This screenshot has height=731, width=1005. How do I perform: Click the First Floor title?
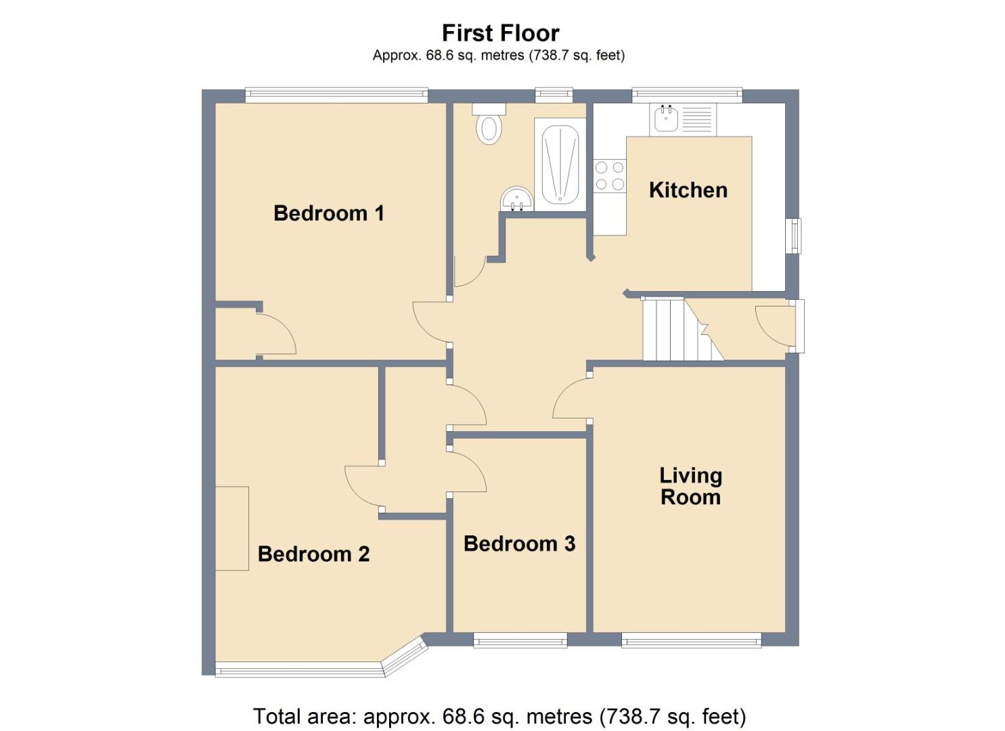coord(500,33)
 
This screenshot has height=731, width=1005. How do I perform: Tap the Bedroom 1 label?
coord(329,213)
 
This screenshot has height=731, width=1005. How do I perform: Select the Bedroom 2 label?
coord(313,554)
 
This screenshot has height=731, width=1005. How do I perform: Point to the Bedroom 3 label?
coord(519,544)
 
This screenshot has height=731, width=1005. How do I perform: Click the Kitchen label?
coord(688,190)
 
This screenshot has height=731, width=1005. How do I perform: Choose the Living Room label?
coord(690,486)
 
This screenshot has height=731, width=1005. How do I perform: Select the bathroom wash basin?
coord(517,200)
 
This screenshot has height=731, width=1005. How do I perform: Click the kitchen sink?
coord(665,119)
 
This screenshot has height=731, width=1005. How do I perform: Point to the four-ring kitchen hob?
coord(609,175)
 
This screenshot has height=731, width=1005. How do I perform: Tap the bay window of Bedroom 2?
coord(318,669)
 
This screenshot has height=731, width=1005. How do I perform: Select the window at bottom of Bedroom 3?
coord(520,640)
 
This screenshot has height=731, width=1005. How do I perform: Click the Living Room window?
coord(691,640)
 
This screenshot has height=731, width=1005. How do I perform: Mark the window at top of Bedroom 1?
coord(336,95)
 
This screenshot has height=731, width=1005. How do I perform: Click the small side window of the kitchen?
coord(794,236)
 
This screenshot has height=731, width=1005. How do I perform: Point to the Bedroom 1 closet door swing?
coord(277,335)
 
